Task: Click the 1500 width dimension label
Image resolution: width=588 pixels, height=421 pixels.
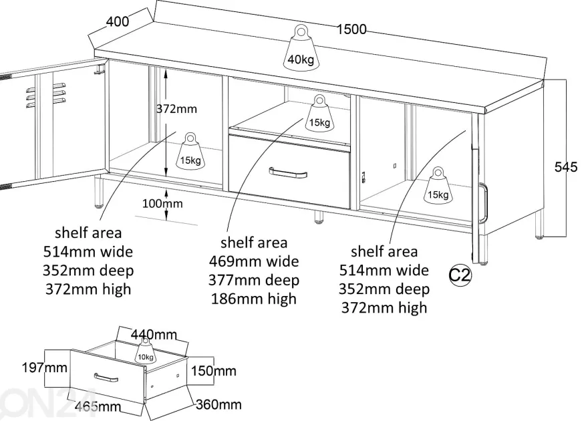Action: (351, 29)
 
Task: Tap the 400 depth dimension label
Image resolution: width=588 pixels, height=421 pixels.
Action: (118, 21)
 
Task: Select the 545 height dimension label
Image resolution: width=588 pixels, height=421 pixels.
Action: (566, 167)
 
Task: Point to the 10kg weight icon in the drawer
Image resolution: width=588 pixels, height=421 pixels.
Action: (145, 351)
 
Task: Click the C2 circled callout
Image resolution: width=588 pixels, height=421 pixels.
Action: (460, 275)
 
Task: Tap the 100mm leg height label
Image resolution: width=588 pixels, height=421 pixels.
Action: (162, 204)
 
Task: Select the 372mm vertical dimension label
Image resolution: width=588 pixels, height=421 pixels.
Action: (176, 109)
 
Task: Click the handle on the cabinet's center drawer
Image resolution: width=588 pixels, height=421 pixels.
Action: (288, 173)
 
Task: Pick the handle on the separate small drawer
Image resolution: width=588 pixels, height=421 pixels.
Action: (106, 378)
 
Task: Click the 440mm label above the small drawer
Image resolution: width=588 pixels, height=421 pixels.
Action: (154, 334)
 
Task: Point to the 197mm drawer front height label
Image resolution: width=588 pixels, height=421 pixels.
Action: (45, 368)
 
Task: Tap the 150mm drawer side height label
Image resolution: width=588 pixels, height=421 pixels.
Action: (214, 371)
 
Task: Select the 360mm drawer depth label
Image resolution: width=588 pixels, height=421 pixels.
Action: (218, 404)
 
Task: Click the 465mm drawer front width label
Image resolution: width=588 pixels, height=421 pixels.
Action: (98, 406)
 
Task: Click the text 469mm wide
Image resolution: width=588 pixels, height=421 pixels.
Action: (254, 261)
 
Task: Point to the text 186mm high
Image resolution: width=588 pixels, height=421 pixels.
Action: (254, 299)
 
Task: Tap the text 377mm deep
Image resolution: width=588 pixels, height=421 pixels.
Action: (254, 280)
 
